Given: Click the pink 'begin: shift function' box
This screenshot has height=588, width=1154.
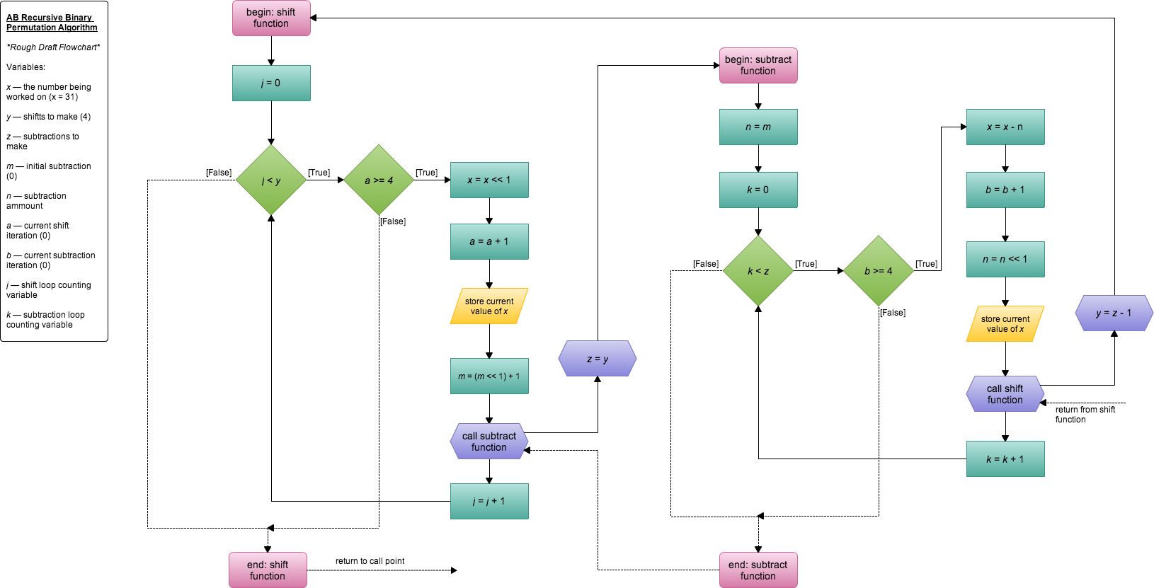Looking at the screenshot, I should pyautogui.click(x=271, y=18).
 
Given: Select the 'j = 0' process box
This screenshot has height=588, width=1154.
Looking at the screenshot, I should pyautogui.click(x=271, y=83).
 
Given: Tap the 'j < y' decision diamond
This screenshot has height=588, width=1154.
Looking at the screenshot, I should pyautogui.click(x=271, y=180).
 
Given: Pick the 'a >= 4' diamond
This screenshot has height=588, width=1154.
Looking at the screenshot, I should pyautogui.click(x=379, y=180).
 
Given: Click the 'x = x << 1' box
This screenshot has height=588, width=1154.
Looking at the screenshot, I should pyautogui.click(x=489, y=180).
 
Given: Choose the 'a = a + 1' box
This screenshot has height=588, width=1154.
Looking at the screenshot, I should pyautogui.click(x=489, y=241).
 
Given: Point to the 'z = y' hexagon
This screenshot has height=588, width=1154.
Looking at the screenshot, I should pyautogui.click(x=598, y=359).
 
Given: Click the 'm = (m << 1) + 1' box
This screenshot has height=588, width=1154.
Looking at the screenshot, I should pyautogui.click(x=489, y=376).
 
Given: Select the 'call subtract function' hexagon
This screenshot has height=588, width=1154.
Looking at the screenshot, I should pyautogui.click(x=489, y=442).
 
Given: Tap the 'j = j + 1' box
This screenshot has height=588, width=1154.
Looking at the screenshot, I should pyautogui.click(x=489, y=501).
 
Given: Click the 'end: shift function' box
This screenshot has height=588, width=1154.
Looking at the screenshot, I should pyautogui.click(x=268, y=570).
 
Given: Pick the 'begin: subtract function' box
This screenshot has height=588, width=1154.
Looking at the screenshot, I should pyautogui.click(x=758, y=65).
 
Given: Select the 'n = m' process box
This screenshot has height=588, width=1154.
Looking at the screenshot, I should pyautogui.click(x=758, y=127).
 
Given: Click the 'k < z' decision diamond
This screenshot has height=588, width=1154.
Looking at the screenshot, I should pyautogui.click(x=758, y=271).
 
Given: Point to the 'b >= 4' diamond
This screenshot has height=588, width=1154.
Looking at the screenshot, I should pyautogui.click(x=879, y=271).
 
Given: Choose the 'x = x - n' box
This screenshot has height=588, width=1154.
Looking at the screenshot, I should pyautogui.click(x=1005, y=127).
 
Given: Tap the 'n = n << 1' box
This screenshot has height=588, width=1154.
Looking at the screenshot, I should pyautogui.click(x=1005, y=259).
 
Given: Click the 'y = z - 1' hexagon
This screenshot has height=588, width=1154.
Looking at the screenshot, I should pyautogui.click(x=1114, y=313).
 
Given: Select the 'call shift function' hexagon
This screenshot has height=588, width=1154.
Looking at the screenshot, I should pyautogui.click(x=1005, y=394).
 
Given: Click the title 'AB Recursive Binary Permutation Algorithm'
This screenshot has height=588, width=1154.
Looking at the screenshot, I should pyautogui.click(x=52, y=23).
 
